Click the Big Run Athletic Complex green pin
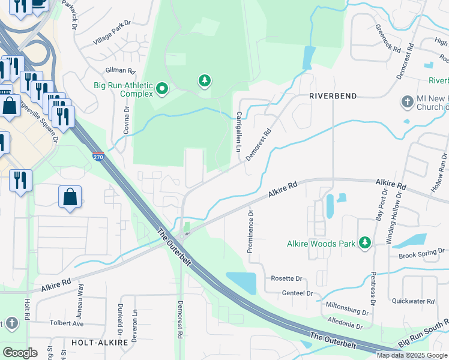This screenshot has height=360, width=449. point(161,90)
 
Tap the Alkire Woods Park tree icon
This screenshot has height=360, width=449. point(364,243)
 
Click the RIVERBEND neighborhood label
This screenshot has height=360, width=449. point(333,96)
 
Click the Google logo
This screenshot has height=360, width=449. point(20,353)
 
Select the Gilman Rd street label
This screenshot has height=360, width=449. point(119,71)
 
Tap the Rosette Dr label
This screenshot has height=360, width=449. point(286,279)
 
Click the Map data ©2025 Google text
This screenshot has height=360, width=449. point(412,355)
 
